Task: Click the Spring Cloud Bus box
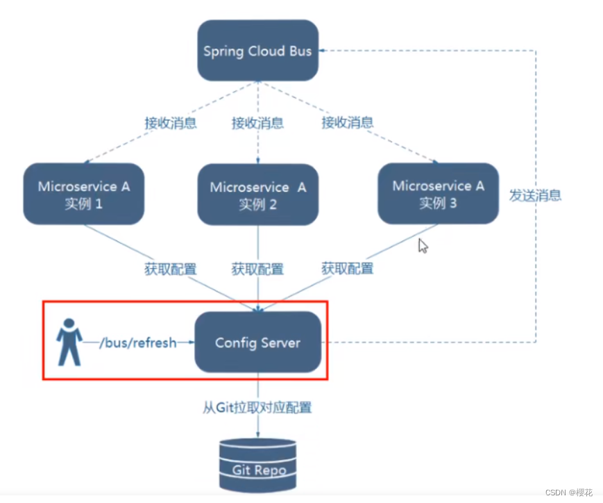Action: point(258,51)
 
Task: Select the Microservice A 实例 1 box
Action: point(83,194)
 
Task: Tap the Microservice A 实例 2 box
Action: point(257,195)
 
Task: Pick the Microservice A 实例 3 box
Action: point(438,193)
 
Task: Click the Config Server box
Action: point(257,343)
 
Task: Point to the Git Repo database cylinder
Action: point(257,464)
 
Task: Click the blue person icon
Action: point(69,342)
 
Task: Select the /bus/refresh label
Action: point(138,343)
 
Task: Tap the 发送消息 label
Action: point(535,195)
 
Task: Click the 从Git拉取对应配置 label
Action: point(257,407)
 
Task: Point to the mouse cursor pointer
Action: point(423,245)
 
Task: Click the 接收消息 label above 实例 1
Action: point(171,123)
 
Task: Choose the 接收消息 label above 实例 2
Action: point(257,123)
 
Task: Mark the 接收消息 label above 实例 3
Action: point(347,123)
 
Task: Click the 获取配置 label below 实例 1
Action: point(171,269)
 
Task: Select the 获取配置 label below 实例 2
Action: point(257,269)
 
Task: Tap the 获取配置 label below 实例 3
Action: point(347,268)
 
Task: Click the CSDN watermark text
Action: point(568,492)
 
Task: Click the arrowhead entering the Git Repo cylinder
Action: point(258,436)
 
